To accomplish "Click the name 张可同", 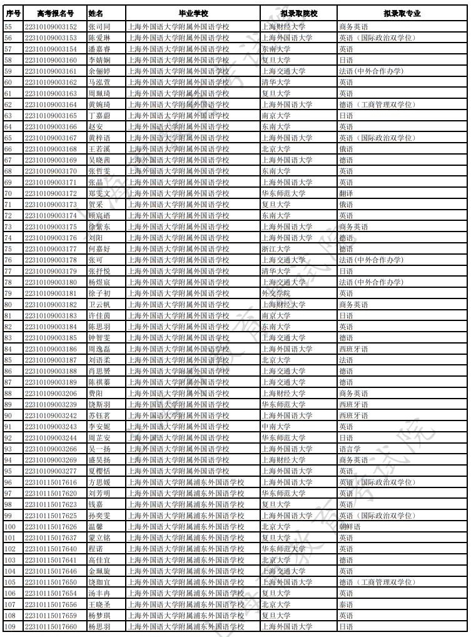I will [x=99, y=27].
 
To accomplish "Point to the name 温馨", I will [x=95, y=526].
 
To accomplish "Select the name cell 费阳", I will [x=95, y=393].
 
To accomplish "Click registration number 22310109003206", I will [x=51, y=393].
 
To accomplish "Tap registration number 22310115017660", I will [x=51, y=626].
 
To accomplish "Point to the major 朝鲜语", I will [x=349, y=526].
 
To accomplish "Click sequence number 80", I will [x=8, y=304].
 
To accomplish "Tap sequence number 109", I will [x=10, y=626].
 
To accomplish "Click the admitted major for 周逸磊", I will [x=353, y=349].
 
